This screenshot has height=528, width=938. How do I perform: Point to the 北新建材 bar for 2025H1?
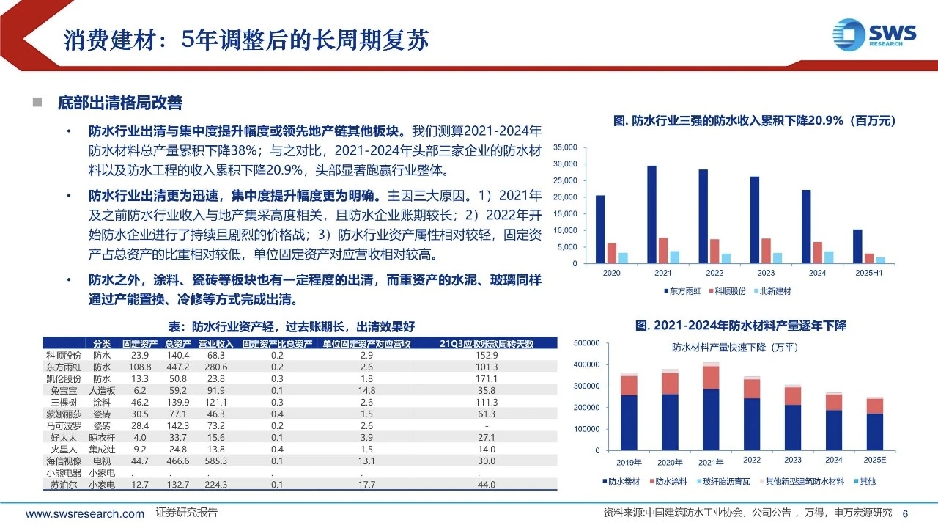(x=880, y=260)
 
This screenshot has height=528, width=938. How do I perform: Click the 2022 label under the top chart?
(x=714, y=273)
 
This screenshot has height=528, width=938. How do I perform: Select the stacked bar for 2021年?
(x=711, y=407)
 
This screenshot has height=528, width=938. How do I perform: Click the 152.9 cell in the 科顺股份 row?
(x=486, y=355)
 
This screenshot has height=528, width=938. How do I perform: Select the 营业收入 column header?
(x=215, y=344)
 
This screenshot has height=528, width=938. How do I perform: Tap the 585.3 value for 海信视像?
(x=215, y=461)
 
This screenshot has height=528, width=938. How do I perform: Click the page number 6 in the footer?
(x=905, y=513)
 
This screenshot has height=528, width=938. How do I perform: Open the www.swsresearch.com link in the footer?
(x=85, y=514)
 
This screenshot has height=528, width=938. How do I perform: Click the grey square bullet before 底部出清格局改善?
(x=36, y=102)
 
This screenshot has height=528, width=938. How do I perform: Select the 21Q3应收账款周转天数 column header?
(x=486, y=344)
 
